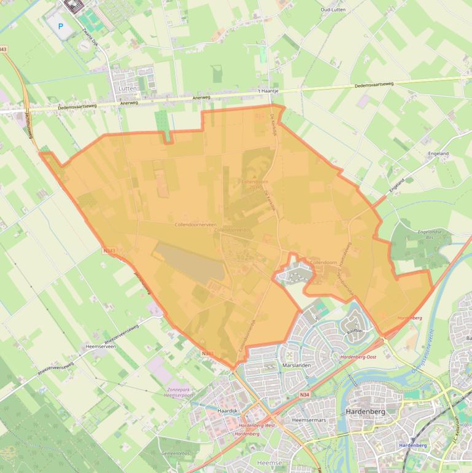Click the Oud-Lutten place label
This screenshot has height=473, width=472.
pyautogui.click(x=333, y=10)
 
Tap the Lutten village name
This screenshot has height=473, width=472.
pyautogui.click(x=126, y=88)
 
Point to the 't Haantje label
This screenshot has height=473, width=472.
pyautogui.click(x=268, y=92)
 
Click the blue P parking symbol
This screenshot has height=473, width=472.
pyautogui.click(x=60, y=26)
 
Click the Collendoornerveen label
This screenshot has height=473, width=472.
pyautogui.click(x=195, y=225)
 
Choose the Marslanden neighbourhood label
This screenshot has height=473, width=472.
pyautogui.click(x=296, y=365)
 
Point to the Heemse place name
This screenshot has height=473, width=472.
pyautogui.click(x=270, y=462)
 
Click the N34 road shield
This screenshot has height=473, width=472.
pyautogui.click(x=304, y=395)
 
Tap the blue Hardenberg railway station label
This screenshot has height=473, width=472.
pyautogui.click(x=412, y=445)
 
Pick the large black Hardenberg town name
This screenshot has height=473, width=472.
pyautogui.click(x=366, y=412)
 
